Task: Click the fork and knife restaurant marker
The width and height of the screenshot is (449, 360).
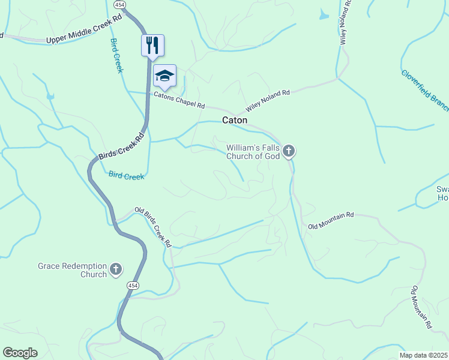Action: point(152,45)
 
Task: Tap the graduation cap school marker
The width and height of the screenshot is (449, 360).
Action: point(164,76)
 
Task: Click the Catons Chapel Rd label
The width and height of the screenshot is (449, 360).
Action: point(179,100)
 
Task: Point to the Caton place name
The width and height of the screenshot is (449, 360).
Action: point(235,120)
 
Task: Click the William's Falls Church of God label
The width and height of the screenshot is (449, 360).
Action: point(253,152)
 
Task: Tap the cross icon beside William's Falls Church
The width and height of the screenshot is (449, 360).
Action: point(289,151)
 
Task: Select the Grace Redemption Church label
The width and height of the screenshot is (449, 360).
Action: point(72,270)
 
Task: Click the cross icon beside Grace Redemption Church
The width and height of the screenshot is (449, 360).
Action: point(116,270)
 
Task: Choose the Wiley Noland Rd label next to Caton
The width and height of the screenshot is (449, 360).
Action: point(268,101)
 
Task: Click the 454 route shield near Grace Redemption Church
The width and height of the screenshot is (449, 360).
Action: point(133,286)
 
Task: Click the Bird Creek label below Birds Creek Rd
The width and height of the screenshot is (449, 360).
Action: point(126,176)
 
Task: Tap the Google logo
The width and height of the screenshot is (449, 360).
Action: point(20,353)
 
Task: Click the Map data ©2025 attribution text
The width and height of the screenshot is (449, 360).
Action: point(424,355)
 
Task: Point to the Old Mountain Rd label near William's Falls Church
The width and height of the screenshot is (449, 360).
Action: point(331,220)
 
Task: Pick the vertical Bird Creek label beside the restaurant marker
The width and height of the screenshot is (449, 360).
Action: point(116,56)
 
